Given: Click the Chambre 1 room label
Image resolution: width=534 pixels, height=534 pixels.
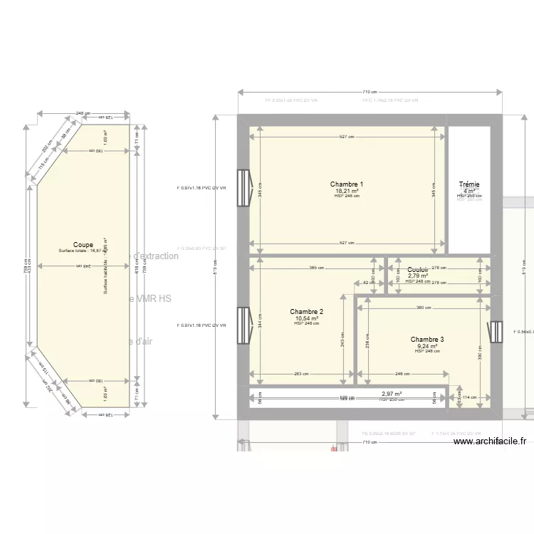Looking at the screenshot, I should (x=347, y=184).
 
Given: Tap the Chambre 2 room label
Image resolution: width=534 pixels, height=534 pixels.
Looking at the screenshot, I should (x=307, y=312).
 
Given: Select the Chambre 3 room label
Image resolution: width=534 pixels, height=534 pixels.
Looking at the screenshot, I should (x=427, y=340).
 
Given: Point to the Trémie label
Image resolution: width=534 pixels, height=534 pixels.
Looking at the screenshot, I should (x=469, y=185).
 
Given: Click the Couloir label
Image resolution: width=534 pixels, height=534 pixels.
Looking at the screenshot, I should (x=418, y=270).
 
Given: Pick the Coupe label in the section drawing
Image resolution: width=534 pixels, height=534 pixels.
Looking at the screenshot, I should (x=83, y=245).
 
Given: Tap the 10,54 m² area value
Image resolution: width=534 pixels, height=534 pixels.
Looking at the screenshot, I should (x=307, y=318).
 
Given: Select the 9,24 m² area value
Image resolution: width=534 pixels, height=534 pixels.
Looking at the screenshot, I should (x=427, y=347).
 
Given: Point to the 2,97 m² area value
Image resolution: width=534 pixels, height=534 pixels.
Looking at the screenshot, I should (x=392, y=394).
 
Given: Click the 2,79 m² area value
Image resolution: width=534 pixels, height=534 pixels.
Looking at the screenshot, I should (x=418, y=276).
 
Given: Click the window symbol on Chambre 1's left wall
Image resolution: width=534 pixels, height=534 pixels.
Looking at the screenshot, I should (x=244, y=188).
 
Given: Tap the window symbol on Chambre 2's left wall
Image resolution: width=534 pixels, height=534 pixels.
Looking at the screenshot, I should (x=244, y=325).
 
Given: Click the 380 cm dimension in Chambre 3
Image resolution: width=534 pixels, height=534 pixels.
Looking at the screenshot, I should (x=424, y=308).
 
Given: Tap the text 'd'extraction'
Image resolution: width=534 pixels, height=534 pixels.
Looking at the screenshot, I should (x=156, y=256).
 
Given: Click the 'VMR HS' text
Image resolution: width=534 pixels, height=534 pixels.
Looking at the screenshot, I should (x=151, y=300).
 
